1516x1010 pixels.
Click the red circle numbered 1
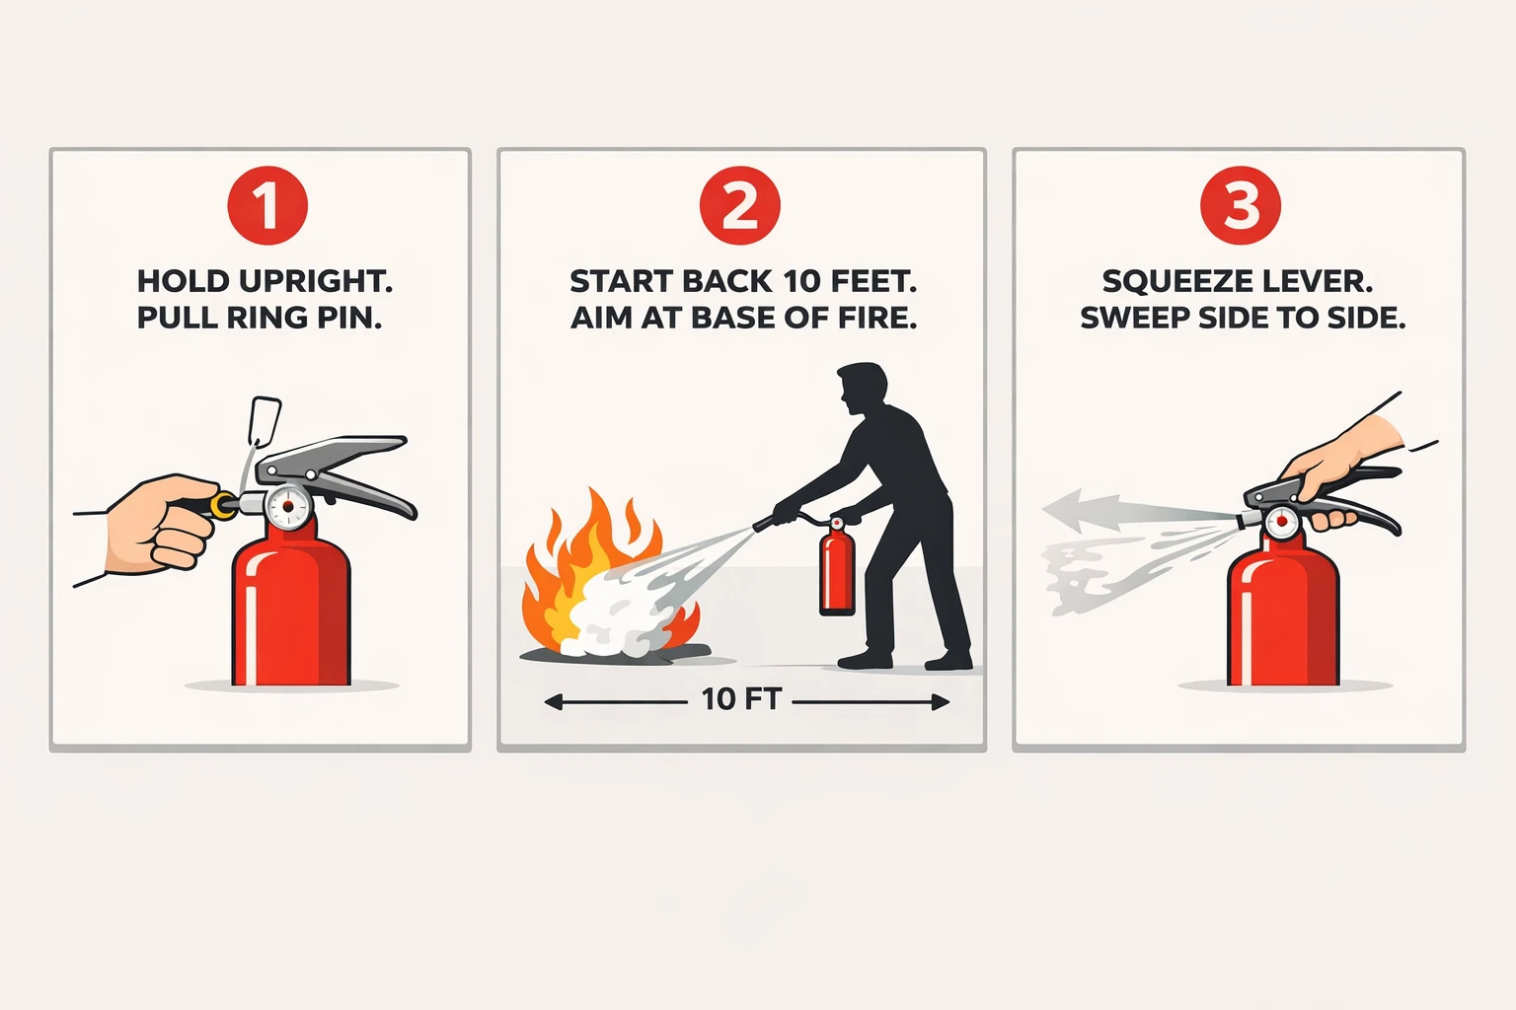[267, 206]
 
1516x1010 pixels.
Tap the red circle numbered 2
[739, 206]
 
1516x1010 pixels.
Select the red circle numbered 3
[1241, 206]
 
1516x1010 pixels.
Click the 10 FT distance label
[741, 699]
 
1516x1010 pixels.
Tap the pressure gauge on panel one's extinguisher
[288, 507]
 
